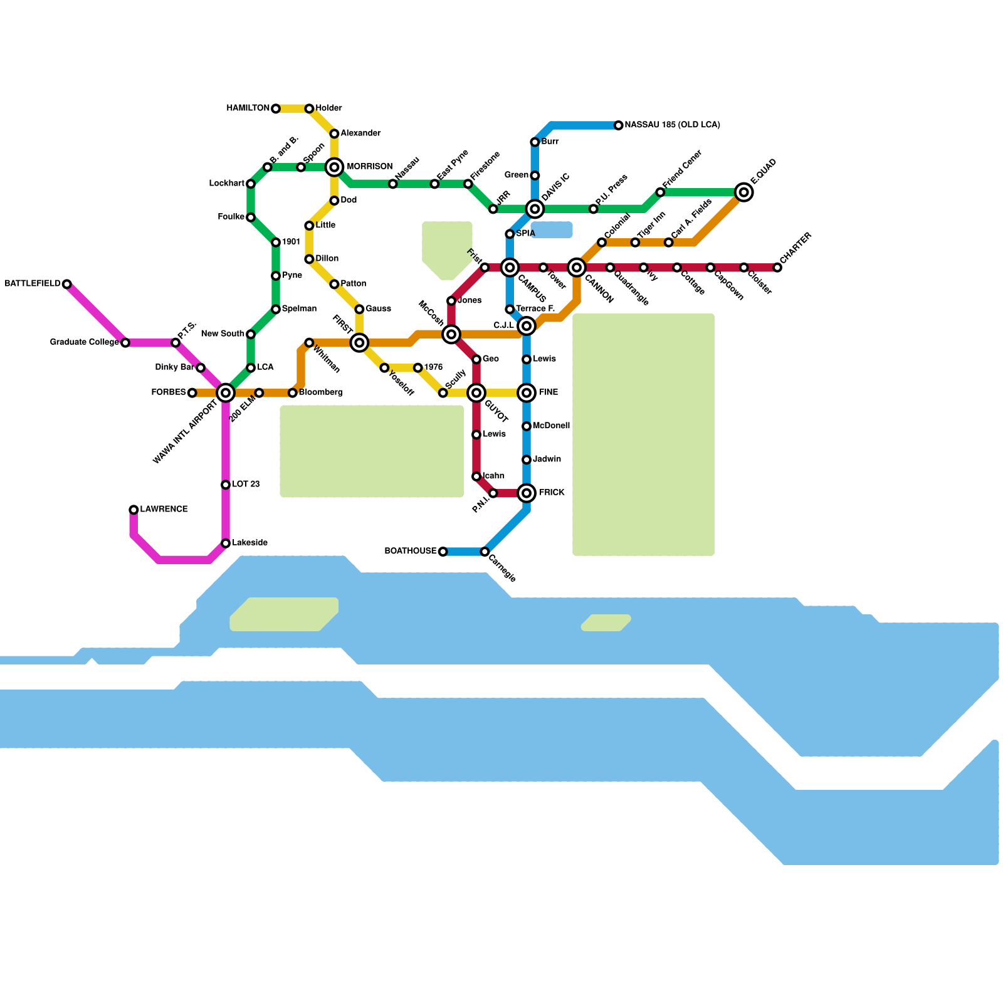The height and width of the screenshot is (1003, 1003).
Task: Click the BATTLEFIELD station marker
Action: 67,284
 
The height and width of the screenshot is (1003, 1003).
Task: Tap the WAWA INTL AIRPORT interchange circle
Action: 226,393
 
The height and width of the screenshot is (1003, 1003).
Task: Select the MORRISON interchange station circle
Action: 335,167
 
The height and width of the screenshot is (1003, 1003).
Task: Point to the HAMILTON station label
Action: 248,108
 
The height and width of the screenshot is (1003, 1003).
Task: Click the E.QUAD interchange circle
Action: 744,192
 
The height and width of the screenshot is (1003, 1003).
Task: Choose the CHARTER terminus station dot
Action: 777,268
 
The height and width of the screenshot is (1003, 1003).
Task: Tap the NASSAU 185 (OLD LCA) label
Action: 672,125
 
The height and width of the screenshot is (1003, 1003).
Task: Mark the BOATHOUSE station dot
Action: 443,552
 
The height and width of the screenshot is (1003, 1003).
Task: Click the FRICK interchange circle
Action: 527,493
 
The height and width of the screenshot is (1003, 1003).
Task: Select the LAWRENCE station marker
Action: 134,510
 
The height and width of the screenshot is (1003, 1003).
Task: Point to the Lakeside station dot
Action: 226,544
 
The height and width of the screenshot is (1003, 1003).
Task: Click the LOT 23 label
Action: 246,484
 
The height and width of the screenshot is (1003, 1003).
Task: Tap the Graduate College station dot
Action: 125,343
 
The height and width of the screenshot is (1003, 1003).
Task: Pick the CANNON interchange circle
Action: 577,268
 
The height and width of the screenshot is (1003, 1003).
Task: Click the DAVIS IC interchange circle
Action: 535,209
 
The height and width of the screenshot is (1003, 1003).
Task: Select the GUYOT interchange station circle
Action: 477,393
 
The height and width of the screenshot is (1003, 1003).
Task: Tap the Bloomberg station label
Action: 320,392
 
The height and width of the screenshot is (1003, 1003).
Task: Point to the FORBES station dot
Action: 192,393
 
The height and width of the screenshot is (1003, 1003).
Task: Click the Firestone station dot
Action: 468,184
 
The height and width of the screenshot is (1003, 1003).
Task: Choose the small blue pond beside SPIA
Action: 552,230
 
